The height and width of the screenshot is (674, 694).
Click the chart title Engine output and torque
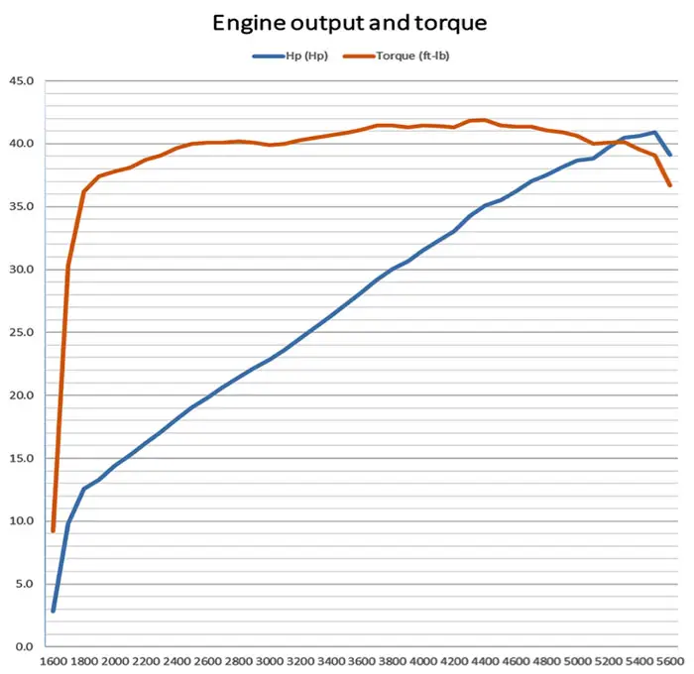pos(348,23)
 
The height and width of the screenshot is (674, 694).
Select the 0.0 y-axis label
pos(25,646)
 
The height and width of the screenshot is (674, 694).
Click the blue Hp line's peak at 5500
pos(654,132)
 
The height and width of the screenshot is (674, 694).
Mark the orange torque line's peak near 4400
pos(484,120)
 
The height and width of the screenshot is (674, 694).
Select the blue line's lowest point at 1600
pos(53,611)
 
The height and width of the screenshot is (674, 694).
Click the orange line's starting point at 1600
pos(53,530)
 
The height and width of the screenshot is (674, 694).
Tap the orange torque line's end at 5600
pos(670,185)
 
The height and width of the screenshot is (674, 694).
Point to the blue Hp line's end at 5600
pos(670,155)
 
